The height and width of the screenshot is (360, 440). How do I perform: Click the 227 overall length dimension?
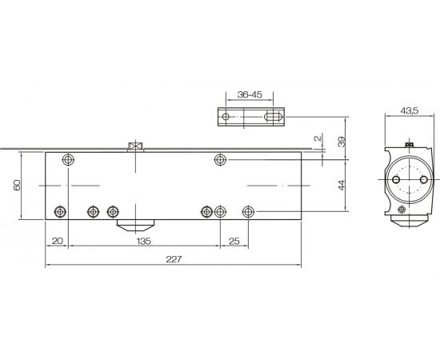[174, 258]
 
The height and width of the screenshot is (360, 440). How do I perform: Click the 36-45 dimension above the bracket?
[250, 94]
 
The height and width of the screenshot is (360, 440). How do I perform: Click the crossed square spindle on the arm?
[134, 146]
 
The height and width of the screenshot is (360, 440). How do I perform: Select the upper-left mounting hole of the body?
[68, 160]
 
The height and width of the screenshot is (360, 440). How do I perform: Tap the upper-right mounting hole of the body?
[220, 160]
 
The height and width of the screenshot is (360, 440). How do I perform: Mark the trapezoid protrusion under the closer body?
[135, 224]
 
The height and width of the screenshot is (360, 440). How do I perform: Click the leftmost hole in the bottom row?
[60, 211]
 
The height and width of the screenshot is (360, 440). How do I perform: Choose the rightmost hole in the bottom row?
[248, 211]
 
